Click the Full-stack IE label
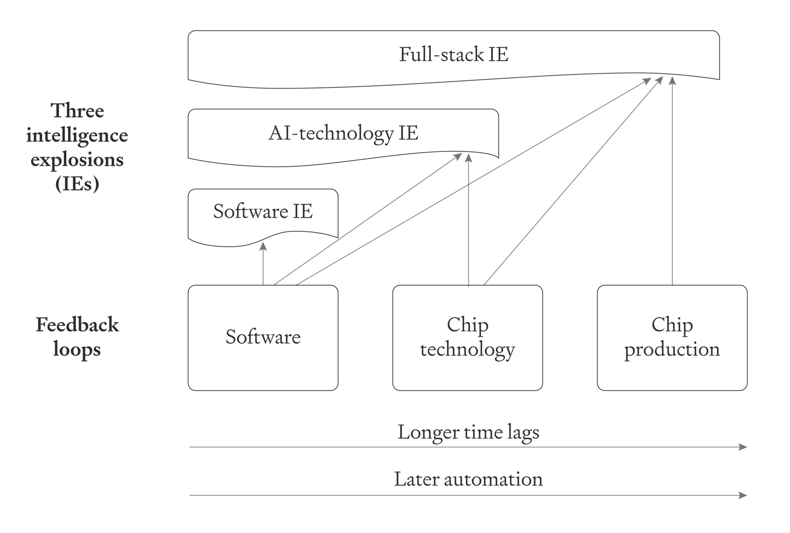(453, 54)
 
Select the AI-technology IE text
(343, 133)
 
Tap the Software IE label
(263, 211)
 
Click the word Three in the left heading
(77, 110)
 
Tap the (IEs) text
(77, 183)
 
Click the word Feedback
(77, 325)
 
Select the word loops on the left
(77, 349)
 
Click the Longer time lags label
(468, 432)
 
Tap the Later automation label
(468, 479)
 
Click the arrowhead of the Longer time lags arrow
(744, 447)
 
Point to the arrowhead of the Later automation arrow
(744, 495)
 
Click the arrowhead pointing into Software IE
(263, 246)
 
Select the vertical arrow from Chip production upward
(672, 181)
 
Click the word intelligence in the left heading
(77, 136)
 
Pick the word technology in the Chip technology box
(467, 350)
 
